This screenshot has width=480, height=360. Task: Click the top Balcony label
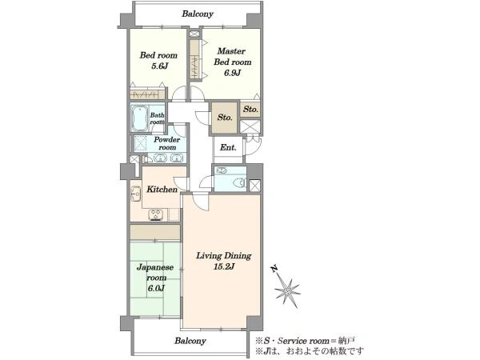click(x=198, y=14)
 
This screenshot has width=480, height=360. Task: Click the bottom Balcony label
click(x=190, y=341)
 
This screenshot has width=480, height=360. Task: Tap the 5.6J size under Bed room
click(x=159, y=66)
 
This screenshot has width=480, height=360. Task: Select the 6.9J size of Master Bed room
click(x=232, y=73)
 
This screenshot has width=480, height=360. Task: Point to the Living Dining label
click(x=224, y=256)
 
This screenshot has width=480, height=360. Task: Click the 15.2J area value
click(x=224, y=266)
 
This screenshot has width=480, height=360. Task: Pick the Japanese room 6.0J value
click(x=156, y=288)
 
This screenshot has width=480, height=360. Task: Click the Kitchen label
click(x=162, y=189)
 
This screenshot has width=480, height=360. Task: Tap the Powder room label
click(x=167, y=143)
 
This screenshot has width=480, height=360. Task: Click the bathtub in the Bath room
click(x=140, y=118)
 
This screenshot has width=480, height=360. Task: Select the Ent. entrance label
click(x=228, y=147)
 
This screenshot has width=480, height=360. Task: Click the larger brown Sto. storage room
click(x=224, y=118)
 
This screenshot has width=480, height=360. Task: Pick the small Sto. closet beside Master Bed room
click(x=250, y=109)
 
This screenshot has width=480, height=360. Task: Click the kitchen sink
click(x=136, y=194)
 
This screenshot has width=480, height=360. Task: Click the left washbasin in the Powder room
click(x=160, y=158)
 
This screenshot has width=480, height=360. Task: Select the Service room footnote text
click(x=306, y=341)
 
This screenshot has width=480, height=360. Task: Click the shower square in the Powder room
click(x=141, y=143)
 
